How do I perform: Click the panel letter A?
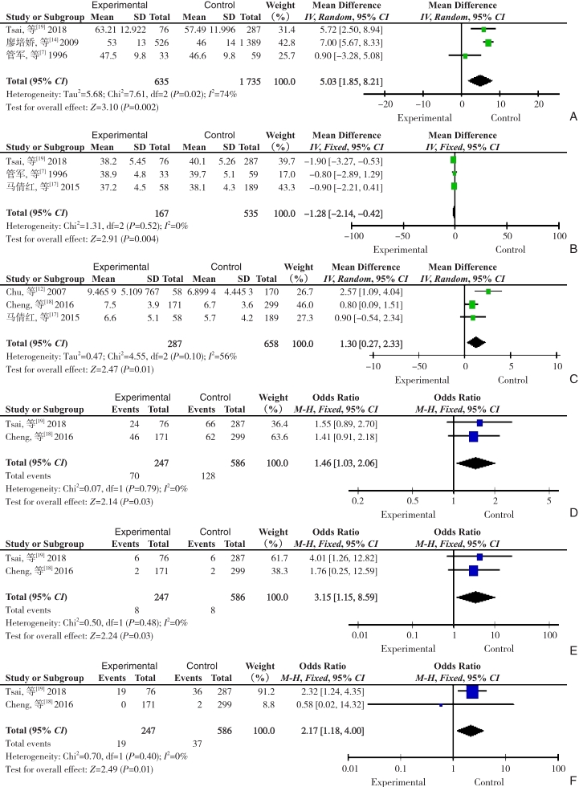[x=573, y=117]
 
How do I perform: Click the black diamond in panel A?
[x=480, y=81]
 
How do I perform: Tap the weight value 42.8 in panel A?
[x=287, y=43]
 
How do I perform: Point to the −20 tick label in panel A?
[x=385, y=104]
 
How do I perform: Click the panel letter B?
[x=573, y=249]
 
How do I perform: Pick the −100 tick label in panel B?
[x=353, y=236]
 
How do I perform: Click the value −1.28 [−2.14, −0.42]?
[x=343, y=214]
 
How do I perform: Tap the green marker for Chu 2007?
[x=488, y=291]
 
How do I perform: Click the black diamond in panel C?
[x=476, y=343]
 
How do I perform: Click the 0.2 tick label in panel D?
[x=357, y=501]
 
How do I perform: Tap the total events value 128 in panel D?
[x=208, y=475]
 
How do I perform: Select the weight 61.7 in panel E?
[x=279, y=558]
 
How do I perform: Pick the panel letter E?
[x=573, y=651]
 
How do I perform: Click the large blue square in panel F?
[x=472, y=691]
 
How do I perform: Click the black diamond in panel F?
[x=470, y=730]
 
